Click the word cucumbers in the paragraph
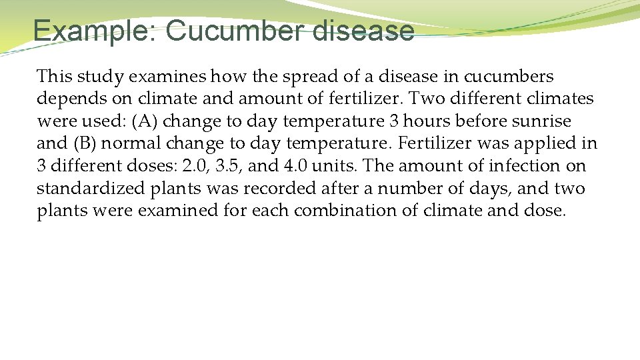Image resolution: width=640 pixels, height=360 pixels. tap(509, 77)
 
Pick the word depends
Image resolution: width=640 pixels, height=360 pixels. tap(67, 99)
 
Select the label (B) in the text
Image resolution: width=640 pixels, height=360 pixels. tap(84, 144)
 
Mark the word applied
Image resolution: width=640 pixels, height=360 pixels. tap(538, 144)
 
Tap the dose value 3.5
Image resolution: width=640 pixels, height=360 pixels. tap(229, 166)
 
